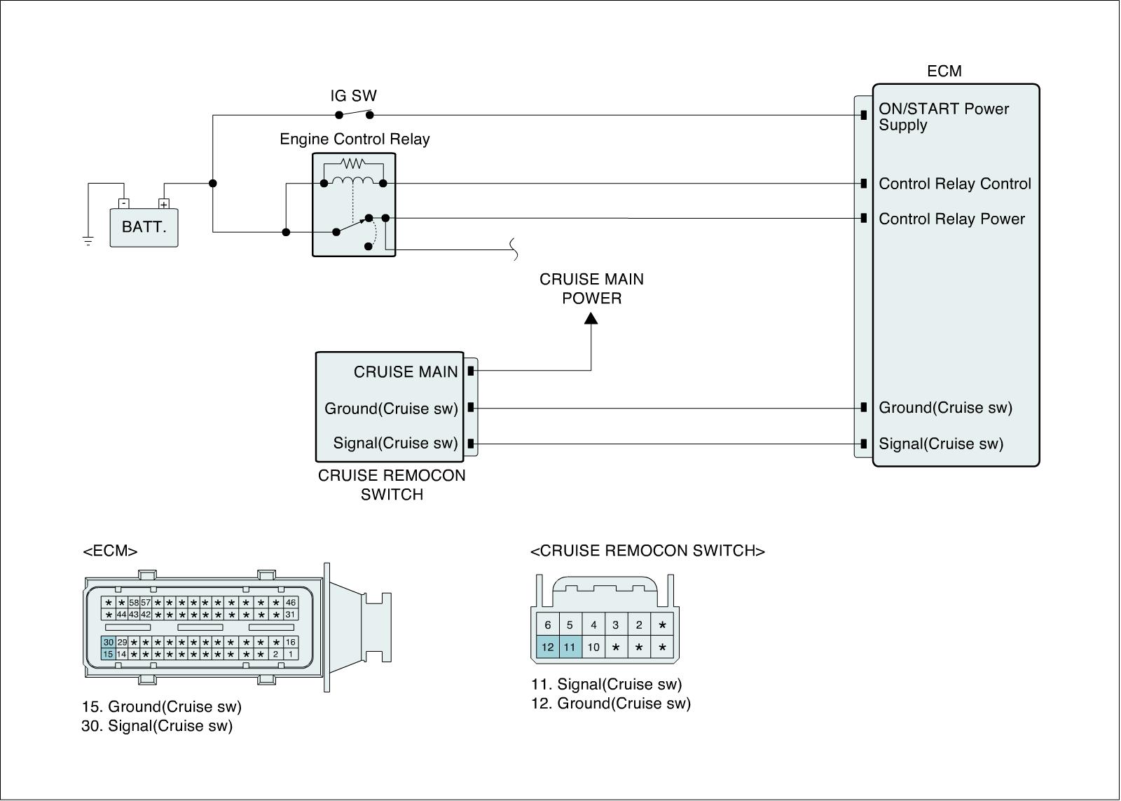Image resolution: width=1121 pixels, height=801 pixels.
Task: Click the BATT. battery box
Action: coord(144,228)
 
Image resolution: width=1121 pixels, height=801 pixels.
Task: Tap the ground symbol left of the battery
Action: coord(88,241)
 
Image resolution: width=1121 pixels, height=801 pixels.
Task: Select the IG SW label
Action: coord(353,95)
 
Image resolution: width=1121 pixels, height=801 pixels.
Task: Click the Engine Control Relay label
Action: coord(355,139)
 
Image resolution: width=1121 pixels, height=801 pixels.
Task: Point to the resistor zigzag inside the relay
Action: coord(353,163)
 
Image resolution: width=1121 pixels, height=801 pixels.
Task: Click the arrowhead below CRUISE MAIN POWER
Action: coord(591,318)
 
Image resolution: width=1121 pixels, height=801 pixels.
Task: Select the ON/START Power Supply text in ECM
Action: coord(943,116)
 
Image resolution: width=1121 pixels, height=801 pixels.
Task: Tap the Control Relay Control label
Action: coord(955,184)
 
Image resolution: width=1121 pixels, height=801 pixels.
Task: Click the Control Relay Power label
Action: coord(951,219)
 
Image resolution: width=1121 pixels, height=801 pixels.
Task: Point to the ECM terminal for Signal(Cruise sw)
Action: coord(864,444)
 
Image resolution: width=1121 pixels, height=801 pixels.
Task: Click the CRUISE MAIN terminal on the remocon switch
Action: coord(471,371)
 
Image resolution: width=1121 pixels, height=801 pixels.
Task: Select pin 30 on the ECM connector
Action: coord(108,642)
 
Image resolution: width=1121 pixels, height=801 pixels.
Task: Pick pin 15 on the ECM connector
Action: coord(108,654)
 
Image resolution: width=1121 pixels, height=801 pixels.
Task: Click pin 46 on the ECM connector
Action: coord(291,602)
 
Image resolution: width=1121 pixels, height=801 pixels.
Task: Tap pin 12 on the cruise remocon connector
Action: coord(547,647)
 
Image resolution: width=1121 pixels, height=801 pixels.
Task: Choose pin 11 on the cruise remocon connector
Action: coord(570,647)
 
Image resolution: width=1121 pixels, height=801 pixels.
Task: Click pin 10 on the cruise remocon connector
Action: coord(593,647)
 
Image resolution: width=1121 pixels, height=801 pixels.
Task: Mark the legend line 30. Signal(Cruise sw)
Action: coord(157,726)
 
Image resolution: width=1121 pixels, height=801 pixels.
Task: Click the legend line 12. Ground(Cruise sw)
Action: coord(610,704)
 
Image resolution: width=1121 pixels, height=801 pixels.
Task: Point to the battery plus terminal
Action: coord(164,204)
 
